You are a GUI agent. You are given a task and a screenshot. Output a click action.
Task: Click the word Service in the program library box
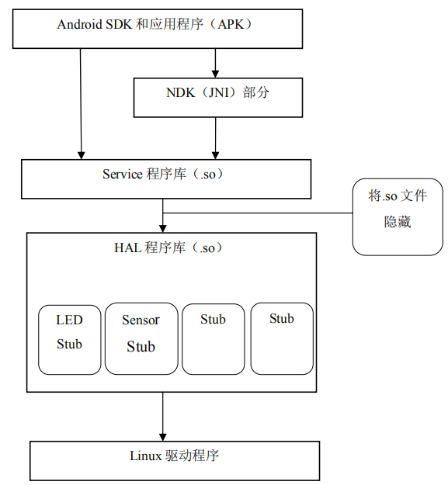pyautogui.click(x=122, y=175)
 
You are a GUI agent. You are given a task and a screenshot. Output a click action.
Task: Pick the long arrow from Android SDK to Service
pyautogui.click(x=81, y=101)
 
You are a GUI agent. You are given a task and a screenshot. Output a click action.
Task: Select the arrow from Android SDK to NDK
pyautogui.click(x=216, y=61)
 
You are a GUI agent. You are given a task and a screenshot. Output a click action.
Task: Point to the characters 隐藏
pyautogui.click(x=398, y=222)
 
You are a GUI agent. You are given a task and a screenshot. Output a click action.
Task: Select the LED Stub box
pyautogui.click(x=69, y=339)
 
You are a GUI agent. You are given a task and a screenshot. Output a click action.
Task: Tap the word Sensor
pyautogui.click(x=141, y=320)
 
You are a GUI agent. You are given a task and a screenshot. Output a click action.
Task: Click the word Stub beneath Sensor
pyautogui.click(x=141, y=346)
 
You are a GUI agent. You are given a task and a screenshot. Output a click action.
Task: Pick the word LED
pyautogui.click(x=69, y=320)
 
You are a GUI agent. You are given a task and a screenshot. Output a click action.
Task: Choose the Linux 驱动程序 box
pyautogui.click(x=174, y=460)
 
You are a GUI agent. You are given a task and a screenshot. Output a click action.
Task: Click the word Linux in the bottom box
pyautogui.click(x=145, y=456)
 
